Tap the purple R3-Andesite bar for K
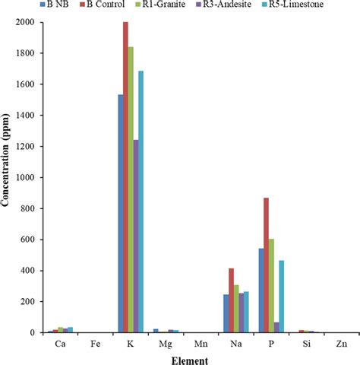coord(136,236)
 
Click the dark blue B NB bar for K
coord(120,214)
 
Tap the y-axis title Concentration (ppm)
coord(7,177)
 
